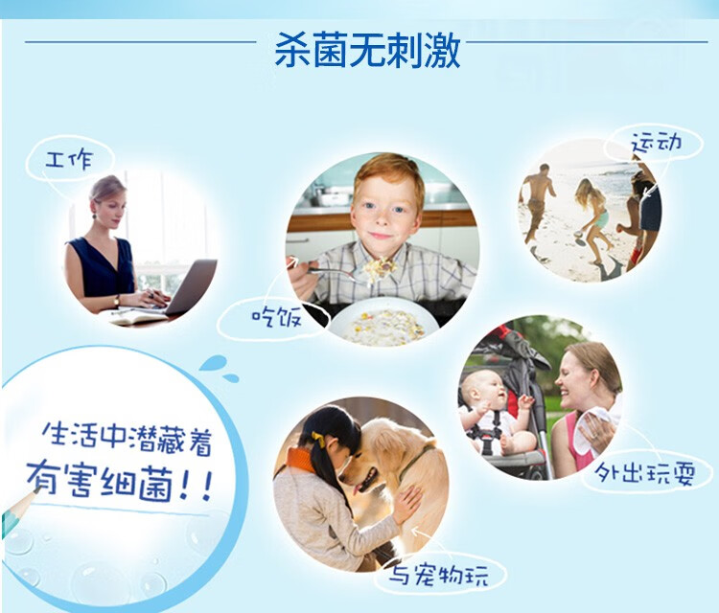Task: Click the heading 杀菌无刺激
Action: [367, 50]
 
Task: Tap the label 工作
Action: [69, 160]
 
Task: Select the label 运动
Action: [656, 143]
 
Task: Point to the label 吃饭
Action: [276, 317]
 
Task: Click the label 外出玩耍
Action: [645, 473]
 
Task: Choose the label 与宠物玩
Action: [439, 575]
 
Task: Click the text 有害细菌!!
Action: [119, 482]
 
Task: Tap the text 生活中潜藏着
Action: [127, 438]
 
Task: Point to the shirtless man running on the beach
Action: [538, 201]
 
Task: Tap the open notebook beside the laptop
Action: [137, 316]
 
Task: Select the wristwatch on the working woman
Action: [116, 301]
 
